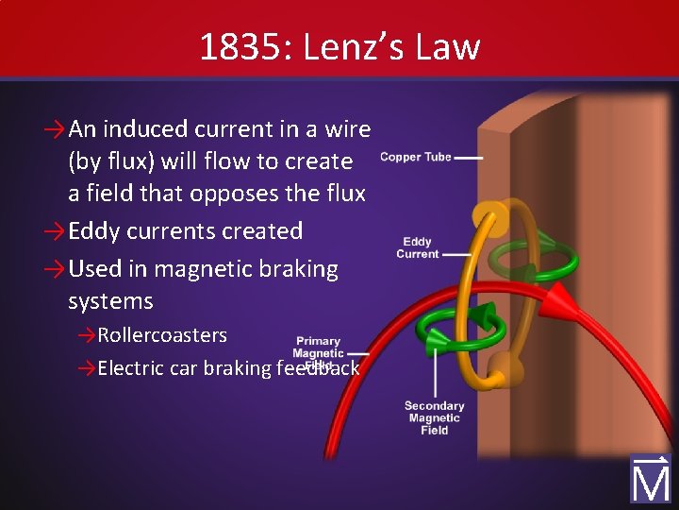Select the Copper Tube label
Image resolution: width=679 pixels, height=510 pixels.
(415, 157)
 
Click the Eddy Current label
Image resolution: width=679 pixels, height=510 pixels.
(418, 248)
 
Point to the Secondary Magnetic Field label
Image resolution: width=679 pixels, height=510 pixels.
(434, 417)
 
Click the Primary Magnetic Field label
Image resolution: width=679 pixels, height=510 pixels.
(319, 352)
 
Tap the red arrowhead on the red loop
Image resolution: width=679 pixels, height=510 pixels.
(558, 301)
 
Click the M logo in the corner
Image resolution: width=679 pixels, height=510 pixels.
(651, 479)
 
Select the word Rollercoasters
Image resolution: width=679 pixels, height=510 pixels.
(162, 335)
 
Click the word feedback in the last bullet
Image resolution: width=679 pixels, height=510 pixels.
(318, 368)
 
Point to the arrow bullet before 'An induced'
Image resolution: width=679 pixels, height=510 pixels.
(55, 129)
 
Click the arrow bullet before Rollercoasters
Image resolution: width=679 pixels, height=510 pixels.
(87, 335)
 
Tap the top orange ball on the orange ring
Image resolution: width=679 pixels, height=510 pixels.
(488, 214)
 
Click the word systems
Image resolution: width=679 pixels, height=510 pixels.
(110, 302)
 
